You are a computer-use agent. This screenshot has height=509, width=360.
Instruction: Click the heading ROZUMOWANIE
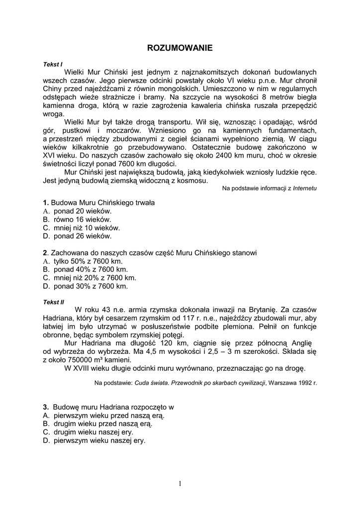[x=180, y=48]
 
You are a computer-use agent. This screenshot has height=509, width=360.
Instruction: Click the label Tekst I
[x=53, y=64]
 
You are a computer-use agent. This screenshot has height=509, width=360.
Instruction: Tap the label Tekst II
[x=54, y=302]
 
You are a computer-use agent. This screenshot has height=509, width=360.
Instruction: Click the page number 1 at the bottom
[x=180, y=484]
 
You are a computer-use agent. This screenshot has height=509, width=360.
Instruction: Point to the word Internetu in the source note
[x=305, y=188]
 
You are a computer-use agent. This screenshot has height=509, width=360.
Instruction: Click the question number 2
[x=45, y=253]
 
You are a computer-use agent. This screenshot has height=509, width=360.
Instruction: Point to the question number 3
[x=45, y=407]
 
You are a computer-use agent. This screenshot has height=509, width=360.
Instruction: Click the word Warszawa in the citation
[x=282, y=383]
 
